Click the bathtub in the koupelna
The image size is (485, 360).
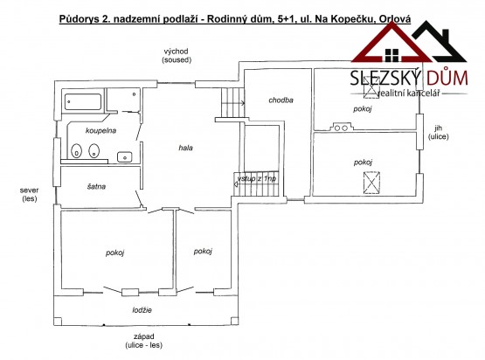click(x=83, y=101)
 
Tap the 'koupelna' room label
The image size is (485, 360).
click(x=100, y=130)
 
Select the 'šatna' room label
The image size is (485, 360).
click(x=96, y=186)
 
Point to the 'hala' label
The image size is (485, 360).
click(x=185, y=148)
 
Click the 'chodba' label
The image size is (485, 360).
click(x=281, y=100)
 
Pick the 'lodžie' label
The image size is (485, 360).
click(x=142, y=310)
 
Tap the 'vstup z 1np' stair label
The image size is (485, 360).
click(x=256, y=179)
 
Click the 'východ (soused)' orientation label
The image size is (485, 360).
click(x=177, y=56)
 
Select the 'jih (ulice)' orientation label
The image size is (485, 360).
click(x=439, y=132)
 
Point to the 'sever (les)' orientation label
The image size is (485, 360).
click(x=30, y=195)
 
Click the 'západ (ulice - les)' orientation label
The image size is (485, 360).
click(x=144, y=341)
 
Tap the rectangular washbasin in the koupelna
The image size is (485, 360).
click(x=125, y=157)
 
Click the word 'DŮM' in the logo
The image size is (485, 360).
click(x=447, y=78)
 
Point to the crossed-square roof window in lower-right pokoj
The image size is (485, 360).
click(x=371, y=183)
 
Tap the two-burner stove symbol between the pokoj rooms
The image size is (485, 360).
click(x=341, y=128)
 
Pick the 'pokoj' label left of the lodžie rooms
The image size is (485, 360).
click(x=114, y=253)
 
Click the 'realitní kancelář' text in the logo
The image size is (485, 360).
click(x=408, y=93)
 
